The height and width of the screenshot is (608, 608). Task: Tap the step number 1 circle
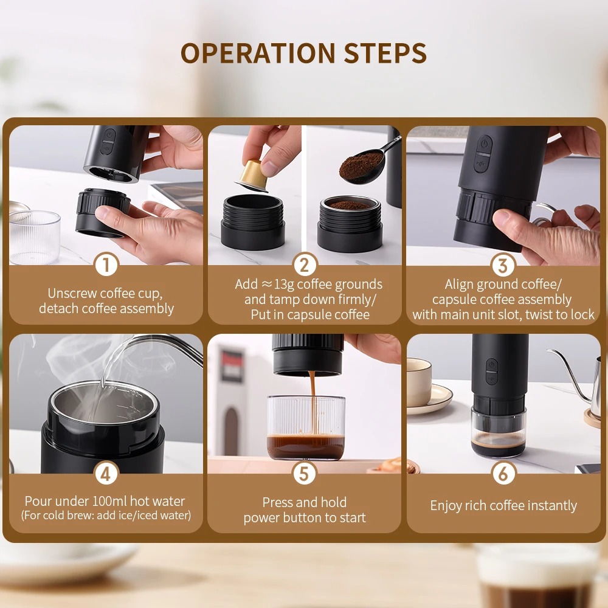(x=106, y=265)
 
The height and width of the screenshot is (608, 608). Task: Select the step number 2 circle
(x=305, y=265)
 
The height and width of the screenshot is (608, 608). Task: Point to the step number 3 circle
(x=503, y=265)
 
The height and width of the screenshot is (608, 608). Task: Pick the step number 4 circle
(x=106, y=473)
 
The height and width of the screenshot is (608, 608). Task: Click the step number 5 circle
(x=305, y=473)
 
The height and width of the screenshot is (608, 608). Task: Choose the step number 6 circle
(x=503, y=473)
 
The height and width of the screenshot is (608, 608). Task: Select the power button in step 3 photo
(x=483, y=145)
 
